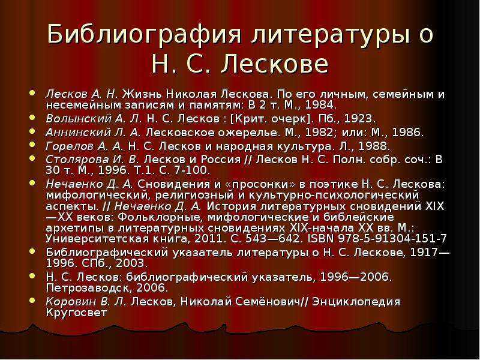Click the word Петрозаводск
coord(85,288)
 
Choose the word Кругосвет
coord(76,312)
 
